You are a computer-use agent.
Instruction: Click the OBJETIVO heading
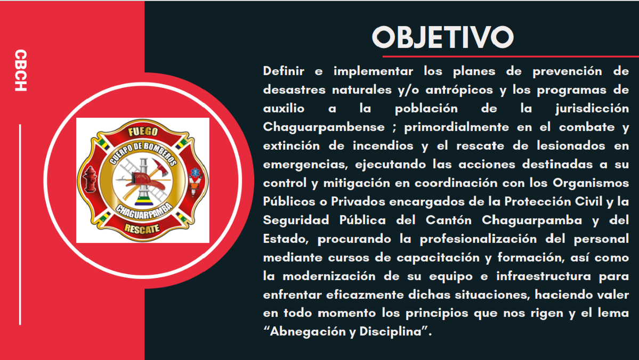point(442,37)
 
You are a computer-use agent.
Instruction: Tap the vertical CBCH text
point(20,70)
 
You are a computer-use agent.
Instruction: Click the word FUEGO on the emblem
point(143,132)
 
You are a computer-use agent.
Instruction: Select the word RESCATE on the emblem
point(142,228)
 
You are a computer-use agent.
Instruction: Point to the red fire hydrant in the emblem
point(90,179)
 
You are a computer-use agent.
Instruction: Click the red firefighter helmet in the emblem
point(141,179)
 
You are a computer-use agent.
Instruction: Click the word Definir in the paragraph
point(284,71)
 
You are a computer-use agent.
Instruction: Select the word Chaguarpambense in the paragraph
point(324,127)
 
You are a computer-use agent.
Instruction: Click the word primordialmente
point(456,127)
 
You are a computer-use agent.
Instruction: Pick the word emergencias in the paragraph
point(308,165)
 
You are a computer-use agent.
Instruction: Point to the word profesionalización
point(478,239)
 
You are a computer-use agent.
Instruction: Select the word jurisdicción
point(592,109)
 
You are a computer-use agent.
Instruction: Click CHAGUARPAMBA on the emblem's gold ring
point(142,210)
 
